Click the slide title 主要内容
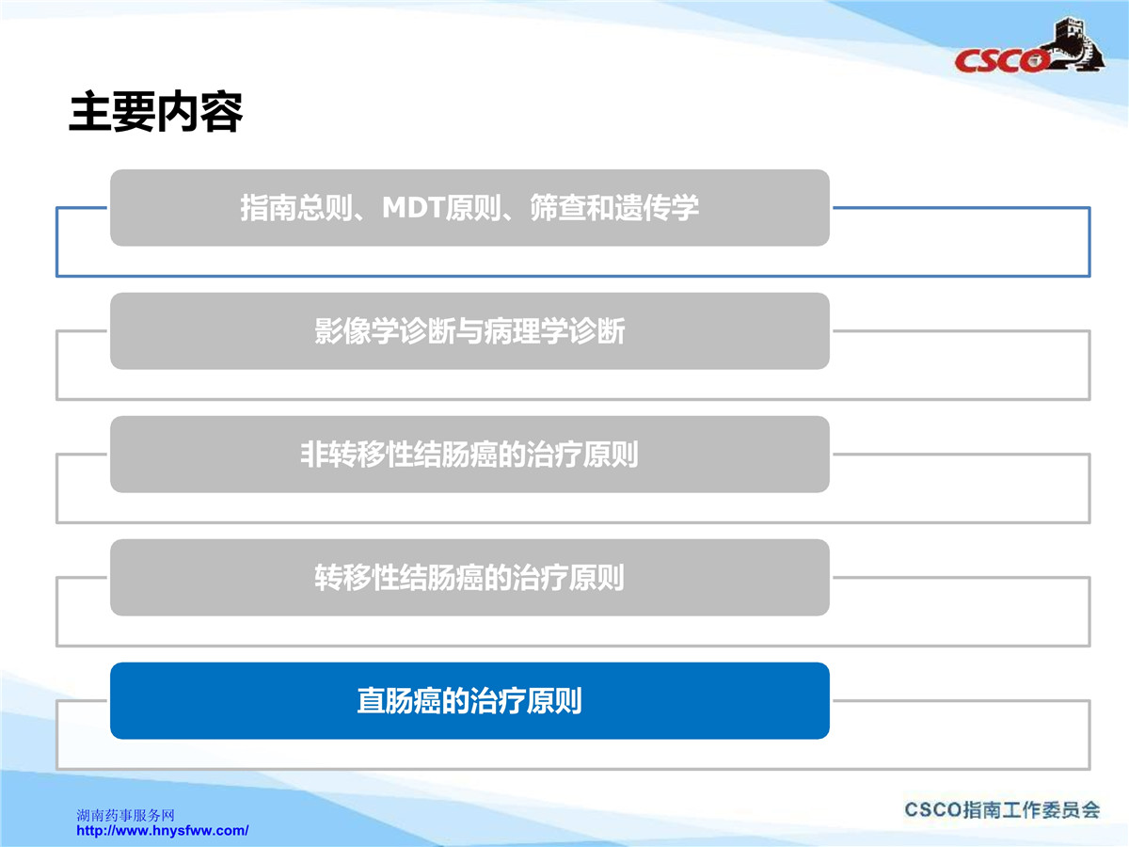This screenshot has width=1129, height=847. pyautogui.click(x=155, y=112)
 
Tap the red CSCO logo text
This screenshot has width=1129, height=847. pyautogui.click(x=1001, y=60)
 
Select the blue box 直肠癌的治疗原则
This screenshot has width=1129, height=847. pyautogui.click(x=469, y=700)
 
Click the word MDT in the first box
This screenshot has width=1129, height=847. pyautogui.click(x=413, y=208)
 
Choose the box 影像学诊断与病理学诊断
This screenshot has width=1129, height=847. pyautogui.click(x=469, y=330)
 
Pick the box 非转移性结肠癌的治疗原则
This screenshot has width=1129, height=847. pyautogui.click(x=469, y=455)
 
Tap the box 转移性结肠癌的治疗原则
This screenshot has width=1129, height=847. pyautogui.click(x=469, y=577)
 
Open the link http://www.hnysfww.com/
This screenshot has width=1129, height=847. pyautogui.click(x=163, y=831)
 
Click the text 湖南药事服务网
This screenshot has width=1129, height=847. pyautogui.click(x=125, y=815)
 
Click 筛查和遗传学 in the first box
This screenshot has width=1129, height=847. pyautogui.click(x=614, y=208)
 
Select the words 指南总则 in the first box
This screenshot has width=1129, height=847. pyautogui.click(x=296, y=208)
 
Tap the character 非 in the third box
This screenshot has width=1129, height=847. pyautogui.click(x=314, y=455)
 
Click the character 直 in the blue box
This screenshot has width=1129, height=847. pyautogui.click(x=371, y=700)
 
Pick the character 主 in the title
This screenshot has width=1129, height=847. pyautogui.click(x=90, y=112)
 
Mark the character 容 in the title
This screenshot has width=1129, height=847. pyautogui.click(x=221, y=112)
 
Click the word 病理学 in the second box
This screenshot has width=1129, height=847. pyautogui.click(x=526, y=330)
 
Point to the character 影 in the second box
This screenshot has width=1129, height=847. pyautogui.click(x=328, y=330)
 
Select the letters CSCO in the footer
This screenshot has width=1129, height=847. pyautogui.click(x=933, y=810)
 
